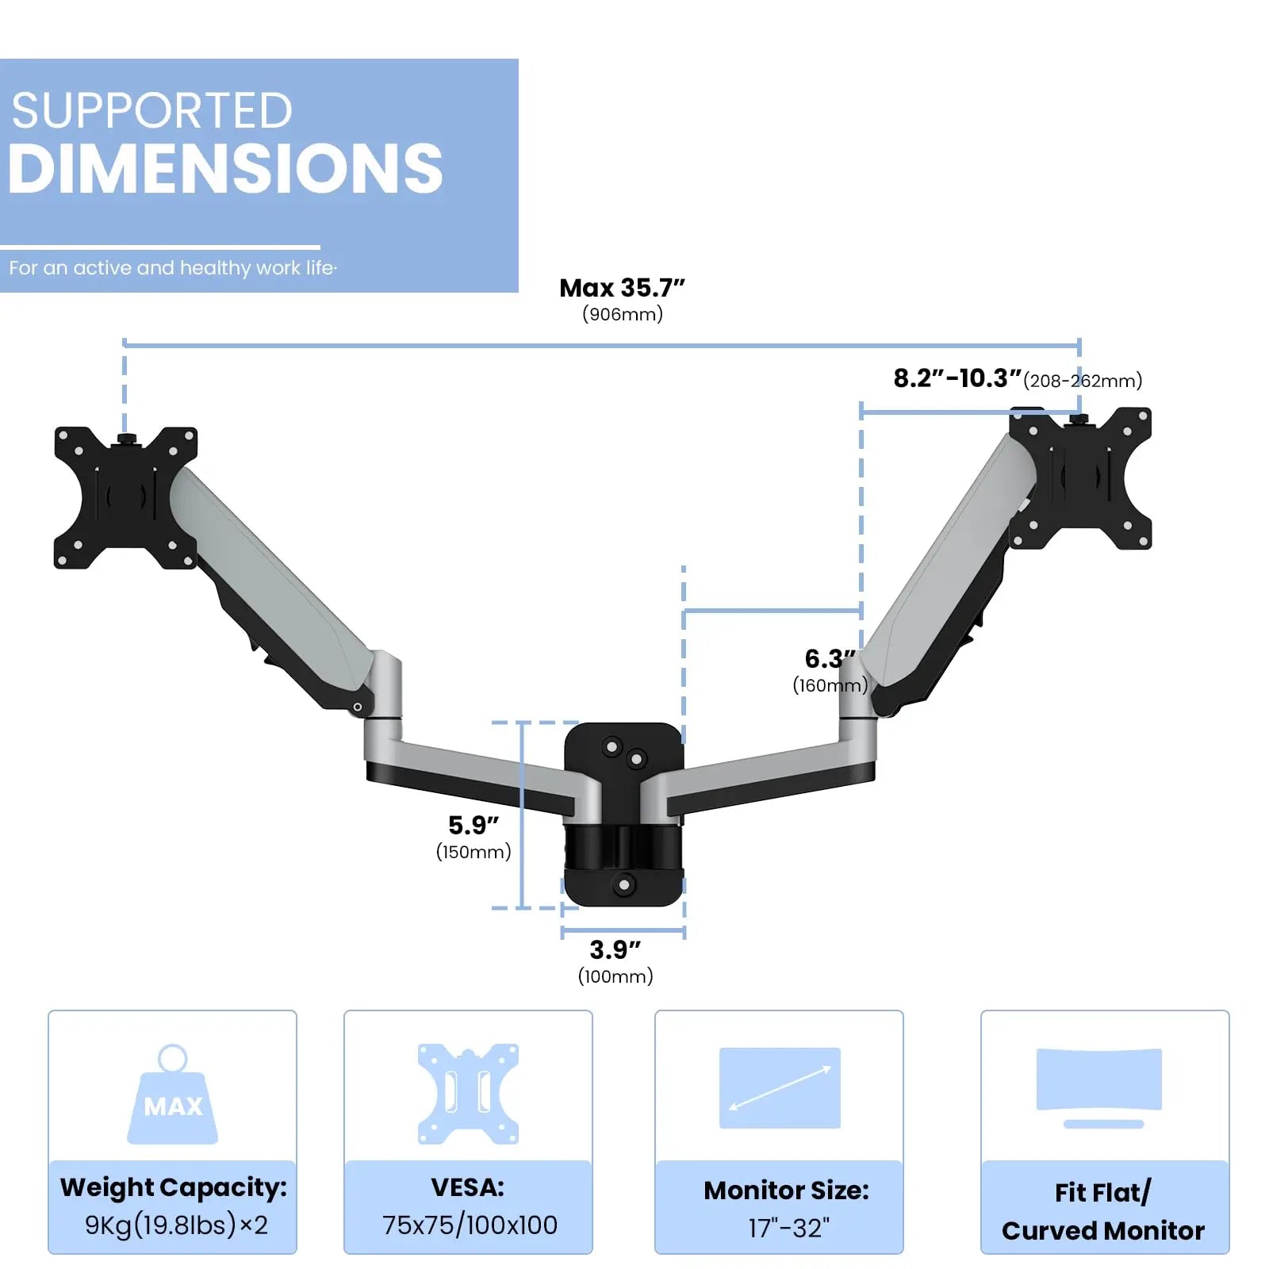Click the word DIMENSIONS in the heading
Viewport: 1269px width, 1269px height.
(225, 169)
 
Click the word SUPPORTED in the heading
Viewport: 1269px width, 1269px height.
(151, 110)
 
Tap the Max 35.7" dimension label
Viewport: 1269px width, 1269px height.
(622, 288)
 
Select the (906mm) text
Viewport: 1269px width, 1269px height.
(623, 314)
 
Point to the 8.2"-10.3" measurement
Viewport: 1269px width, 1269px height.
(957, 378)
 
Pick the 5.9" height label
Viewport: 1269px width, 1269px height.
(473, 825)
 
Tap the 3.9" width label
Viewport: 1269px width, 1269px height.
(615, 949)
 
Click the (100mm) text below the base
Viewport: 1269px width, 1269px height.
(615, 976)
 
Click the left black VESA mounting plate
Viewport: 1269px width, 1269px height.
(125, 498)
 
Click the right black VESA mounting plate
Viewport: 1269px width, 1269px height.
(1080, 478)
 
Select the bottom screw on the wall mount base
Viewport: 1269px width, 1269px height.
(624, 884)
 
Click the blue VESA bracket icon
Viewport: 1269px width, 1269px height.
(468, 1094)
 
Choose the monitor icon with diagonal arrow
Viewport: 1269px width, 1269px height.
(780, 1088)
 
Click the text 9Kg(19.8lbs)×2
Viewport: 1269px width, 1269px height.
(176, 1225)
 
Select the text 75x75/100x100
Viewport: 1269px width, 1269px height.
(470, 1225)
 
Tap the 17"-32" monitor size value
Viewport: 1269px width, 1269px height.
(788, 1228)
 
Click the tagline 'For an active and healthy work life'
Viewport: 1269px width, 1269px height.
(173, 268)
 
